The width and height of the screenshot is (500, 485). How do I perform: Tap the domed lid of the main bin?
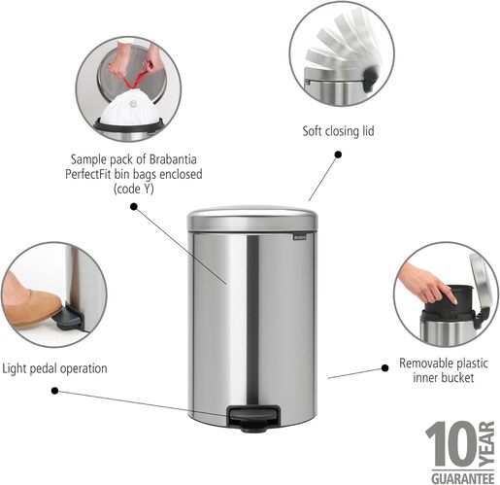pos(250,217)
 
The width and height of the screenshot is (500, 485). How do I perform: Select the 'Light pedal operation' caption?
pos(54,368)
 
